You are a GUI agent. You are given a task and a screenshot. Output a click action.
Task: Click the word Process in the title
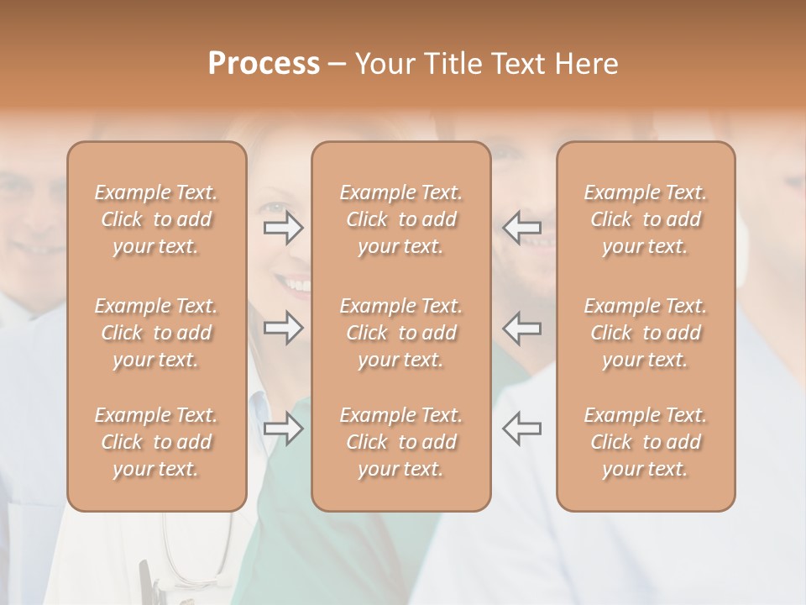click(264, 64)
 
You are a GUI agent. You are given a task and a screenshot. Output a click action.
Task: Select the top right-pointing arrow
click(283, 228)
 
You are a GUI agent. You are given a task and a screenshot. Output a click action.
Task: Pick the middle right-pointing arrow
click(283, 328)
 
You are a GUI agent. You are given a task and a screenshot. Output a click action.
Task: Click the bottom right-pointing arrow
click(283, 429)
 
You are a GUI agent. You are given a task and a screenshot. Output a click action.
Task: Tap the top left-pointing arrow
click(522, 228)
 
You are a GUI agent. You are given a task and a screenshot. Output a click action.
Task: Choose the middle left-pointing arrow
click(522, 328)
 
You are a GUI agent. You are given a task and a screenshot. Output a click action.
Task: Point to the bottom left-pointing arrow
click(522, 429)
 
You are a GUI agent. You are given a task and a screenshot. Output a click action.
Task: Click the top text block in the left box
click(156, 219)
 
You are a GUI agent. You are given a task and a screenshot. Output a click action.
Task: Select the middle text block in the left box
click(156, 333)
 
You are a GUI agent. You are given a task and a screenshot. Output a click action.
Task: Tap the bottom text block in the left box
click(156, 442)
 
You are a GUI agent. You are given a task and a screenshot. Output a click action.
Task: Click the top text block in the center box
click(400, 219)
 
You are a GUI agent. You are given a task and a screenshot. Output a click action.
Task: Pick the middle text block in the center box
click(400, 333)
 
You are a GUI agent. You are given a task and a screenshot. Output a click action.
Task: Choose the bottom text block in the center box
click(400, 442)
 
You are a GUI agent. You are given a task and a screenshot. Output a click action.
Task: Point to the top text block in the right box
click(645, 219)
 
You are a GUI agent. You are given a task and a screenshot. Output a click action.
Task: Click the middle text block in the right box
click(645, 333)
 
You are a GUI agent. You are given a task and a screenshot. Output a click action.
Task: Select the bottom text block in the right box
click(645, 442)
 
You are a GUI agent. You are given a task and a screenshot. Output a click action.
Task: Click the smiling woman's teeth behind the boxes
click(296, 285)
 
